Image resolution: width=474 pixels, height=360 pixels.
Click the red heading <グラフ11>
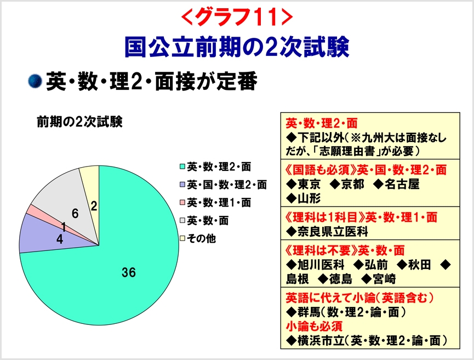tap(237, 16)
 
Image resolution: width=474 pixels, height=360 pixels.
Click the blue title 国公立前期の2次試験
tap(237, 47)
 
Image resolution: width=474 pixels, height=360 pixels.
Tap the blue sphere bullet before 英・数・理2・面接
tap(35, 81)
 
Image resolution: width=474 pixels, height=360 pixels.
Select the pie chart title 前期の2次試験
tap(80, 122)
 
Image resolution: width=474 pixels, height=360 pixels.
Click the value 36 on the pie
tap(129, 272)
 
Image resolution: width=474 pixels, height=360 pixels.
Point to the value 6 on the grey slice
tap(75, 214)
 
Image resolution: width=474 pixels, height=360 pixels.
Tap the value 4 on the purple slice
tap(60, 239)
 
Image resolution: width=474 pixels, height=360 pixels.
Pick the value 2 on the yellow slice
tap(94, 206)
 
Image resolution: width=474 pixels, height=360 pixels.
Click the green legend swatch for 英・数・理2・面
tap(182, 167)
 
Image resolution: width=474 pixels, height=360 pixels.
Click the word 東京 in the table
tap(309, 184)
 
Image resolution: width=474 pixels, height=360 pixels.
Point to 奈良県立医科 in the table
tap(333, 232)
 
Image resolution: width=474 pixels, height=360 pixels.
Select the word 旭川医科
tap(321, 265)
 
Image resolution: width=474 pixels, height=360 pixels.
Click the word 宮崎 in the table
tap(384, 279)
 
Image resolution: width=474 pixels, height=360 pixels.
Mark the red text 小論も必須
tap(314, 326)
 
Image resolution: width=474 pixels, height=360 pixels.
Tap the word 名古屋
tap(402, 184)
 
